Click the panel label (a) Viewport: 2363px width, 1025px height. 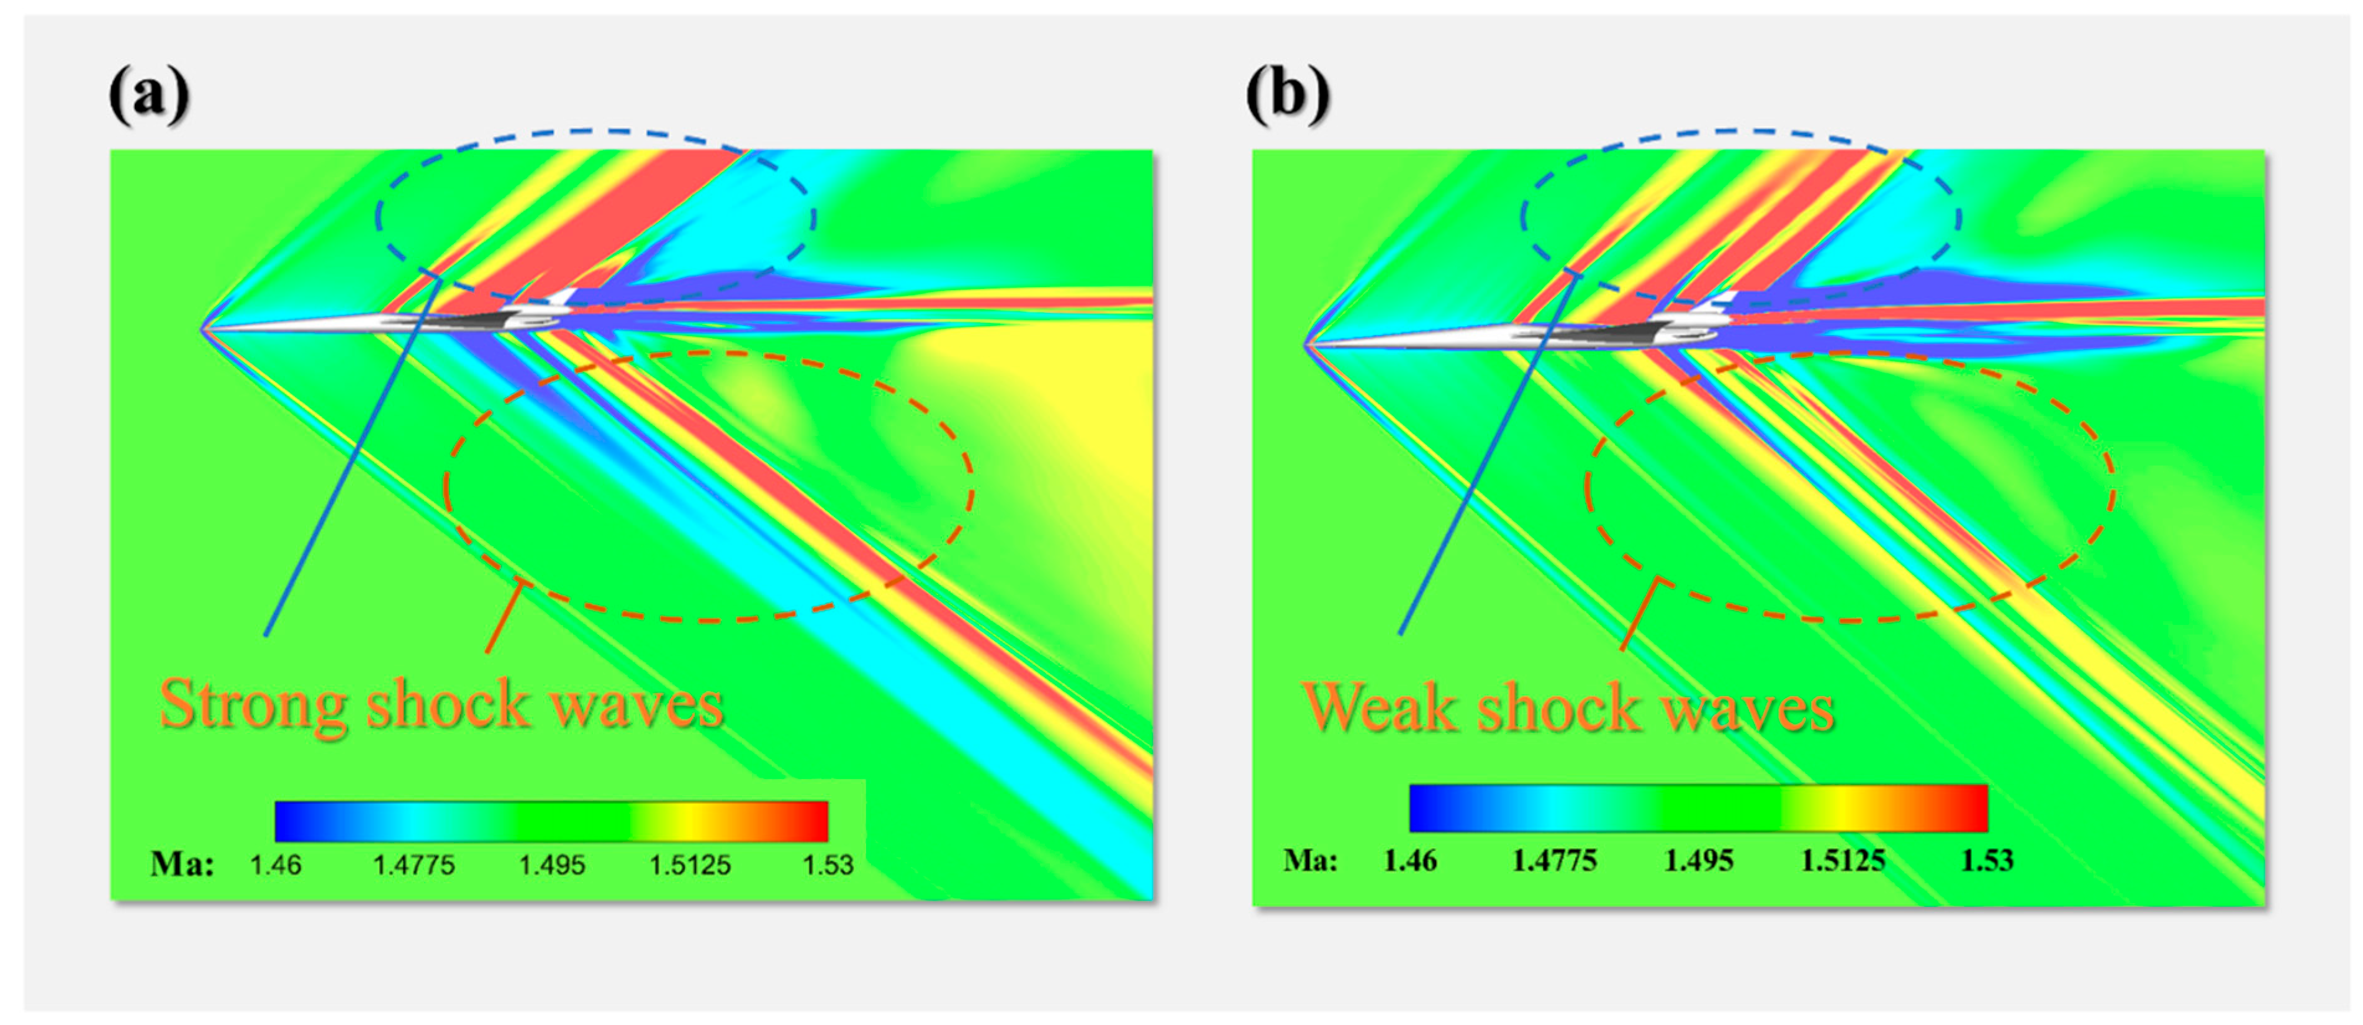[x=150, y=94]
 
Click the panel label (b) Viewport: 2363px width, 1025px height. [x=1287, y=94]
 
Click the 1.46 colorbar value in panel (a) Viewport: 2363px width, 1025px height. [x=275, y=864]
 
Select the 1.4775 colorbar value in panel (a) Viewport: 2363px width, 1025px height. [x=413, y=864]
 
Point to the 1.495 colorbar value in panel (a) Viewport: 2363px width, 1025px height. [x=551, y=864]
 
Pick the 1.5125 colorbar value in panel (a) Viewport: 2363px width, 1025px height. [x=690, y=864]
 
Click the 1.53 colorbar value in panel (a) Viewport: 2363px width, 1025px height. [x=828, y=864]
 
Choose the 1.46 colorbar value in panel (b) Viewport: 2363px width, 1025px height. [x=1410, y=861]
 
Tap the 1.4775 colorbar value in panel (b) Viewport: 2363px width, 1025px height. [x=1554, y=861]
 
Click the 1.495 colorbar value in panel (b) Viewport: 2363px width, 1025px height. [x=1699, y=861]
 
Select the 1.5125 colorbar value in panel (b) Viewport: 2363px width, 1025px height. [x=1843, y=861]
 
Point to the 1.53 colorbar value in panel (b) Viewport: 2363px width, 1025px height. [x=1987, y=861]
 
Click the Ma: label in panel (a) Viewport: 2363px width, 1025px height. [x=183, y=864]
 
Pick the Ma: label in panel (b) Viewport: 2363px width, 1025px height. [x=1310, y=861]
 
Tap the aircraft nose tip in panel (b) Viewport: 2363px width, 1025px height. [x=1306, y=345]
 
